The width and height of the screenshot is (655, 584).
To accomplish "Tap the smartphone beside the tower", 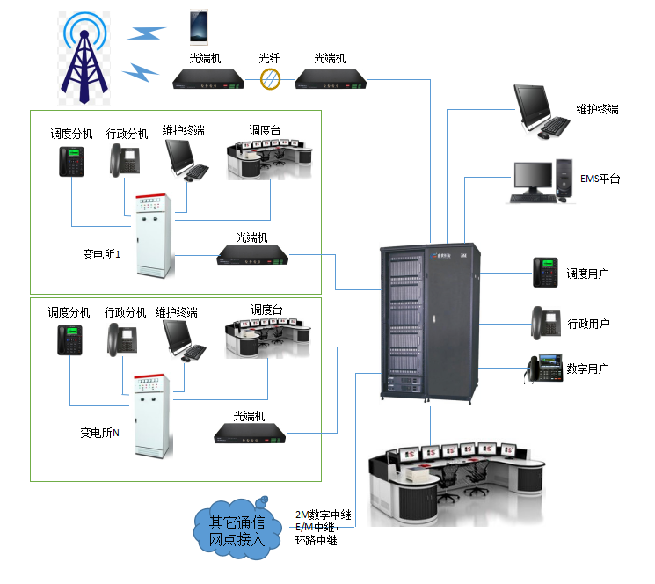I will point(200,27).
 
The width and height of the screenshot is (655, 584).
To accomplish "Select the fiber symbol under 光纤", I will point(271,81).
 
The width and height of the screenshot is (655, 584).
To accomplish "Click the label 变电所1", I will point(102,253).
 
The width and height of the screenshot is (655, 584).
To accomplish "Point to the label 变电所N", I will point(99,433).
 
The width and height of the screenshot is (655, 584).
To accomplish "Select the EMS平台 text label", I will point(600,179).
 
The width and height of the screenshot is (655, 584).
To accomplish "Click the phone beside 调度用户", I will point(546,273).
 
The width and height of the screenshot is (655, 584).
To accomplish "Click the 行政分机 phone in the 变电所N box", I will point(122,339).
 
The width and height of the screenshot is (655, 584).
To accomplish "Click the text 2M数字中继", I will point(323,515).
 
